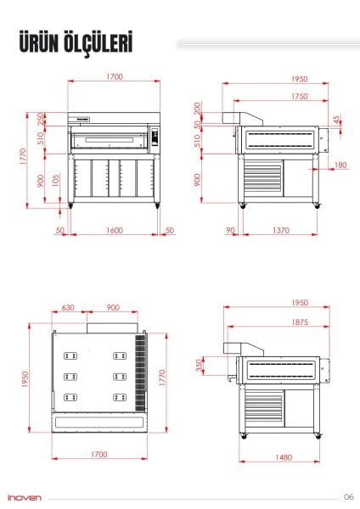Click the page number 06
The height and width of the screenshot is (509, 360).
348,496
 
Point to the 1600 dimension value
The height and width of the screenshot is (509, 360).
115,230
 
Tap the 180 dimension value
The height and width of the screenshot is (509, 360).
340,165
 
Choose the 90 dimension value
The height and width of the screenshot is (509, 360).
230,230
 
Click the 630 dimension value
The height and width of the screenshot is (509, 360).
69,308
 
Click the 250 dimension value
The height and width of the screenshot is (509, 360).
40,118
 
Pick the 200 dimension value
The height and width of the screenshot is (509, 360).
198,109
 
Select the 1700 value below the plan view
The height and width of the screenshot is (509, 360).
98,455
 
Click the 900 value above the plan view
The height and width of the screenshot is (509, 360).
113,308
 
